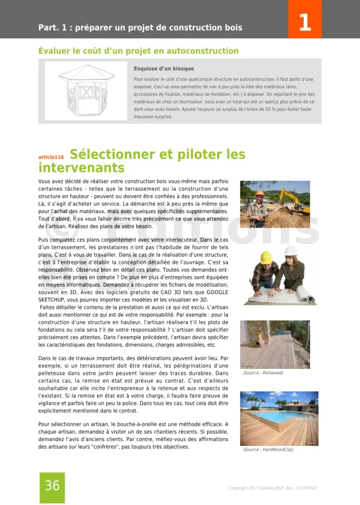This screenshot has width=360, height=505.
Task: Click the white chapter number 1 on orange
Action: [x=304, y=22]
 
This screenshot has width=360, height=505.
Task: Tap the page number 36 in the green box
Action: [x=52, y=486]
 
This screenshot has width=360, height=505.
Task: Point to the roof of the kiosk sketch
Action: [x=87, y=73]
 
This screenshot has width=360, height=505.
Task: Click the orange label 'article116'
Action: [x=51, y=157]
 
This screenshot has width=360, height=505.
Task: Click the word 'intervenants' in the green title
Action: [x=81, y=168]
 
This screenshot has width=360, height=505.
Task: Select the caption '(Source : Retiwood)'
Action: [x=263, y=373]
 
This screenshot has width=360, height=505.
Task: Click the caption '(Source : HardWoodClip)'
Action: [x=268, y=449]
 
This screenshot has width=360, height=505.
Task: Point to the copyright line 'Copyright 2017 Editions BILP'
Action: [x=273, y=488]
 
